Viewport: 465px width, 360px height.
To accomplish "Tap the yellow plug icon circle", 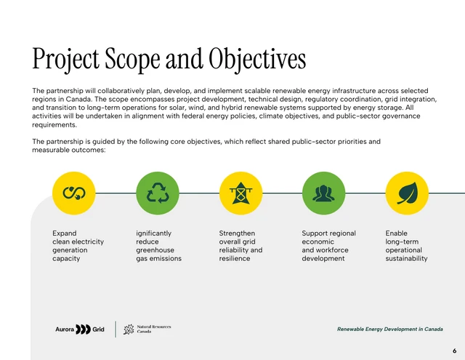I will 74,193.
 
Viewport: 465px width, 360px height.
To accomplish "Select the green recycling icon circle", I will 158,193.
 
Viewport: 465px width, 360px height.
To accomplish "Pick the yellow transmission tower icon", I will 240,193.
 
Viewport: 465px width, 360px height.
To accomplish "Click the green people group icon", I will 323,193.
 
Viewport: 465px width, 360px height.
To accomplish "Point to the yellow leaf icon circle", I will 407,193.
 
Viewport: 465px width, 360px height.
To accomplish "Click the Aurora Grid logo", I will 80,329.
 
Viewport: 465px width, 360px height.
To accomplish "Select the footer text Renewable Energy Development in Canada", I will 390,329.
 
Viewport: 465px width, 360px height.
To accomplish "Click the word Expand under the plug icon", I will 65,233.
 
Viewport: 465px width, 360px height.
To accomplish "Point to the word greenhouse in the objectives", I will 155,250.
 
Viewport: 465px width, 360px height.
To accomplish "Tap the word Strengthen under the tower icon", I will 238,233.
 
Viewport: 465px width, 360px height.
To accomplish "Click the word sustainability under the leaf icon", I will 407,259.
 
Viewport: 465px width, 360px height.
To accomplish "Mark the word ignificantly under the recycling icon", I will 154,233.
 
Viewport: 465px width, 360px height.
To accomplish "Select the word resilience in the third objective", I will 235,259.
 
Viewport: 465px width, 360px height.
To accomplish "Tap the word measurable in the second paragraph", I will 52,150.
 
